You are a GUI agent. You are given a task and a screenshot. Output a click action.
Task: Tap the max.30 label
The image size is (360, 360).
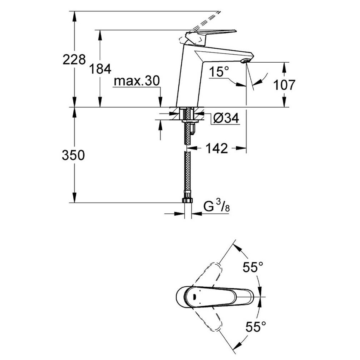(137, 81)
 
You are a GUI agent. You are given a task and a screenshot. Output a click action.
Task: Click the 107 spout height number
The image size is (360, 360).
(283, 85)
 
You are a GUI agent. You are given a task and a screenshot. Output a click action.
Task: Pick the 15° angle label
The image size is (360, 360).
(219, 72)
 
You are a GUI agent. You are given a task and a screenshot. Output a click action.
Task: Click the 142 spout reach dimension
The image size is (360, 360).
(217, 148)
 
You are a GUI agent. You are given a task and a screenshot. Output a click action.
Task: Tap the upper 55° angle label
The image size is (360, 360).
(253, 267)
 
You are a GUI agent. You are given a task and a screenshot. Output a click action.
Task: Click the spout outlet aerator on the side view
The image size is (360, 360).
(244, 62)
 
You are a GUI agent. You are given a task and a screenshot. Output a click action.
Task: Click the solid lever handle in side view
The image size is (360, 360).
(212, 33)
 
